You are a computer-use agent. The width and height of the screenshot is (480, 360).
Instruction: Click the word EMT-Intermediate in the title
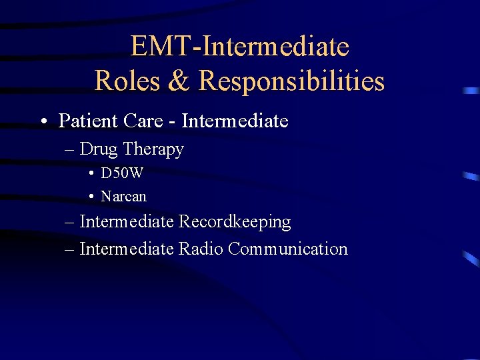[x=240, y=47]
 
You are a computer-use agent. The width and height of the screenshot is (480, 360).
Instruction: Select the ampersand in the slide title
[x=178, y=81]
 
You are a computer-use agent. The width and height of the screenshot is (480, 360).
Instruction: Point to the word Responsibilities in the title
[x=291, y=81]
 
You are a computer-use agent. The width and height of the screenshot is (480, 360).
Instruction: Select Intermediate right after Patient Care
[x=235, y=121]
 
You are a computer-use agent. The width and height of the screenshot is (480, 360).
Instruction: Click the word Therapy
[x=154, y=150]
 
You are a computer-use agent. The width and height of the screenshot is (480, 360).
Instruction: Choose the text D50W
[x=122, y=173]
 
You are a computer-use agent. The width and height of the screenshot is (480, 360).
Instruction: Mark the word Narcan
[x=123, y=197]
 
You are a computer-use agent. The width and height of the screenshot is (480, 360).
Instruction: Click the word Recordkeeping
[x=235, y=221]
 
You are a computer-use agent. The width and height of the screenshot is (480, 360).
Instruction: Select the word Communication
[x=287, y=249]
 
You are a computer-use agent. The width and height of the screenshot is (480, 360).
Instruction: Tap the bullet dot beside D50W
[x=90, y=174]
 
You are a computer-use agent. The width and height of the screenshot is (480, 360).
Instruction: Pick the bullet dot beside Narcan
[x=90, y=197]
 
